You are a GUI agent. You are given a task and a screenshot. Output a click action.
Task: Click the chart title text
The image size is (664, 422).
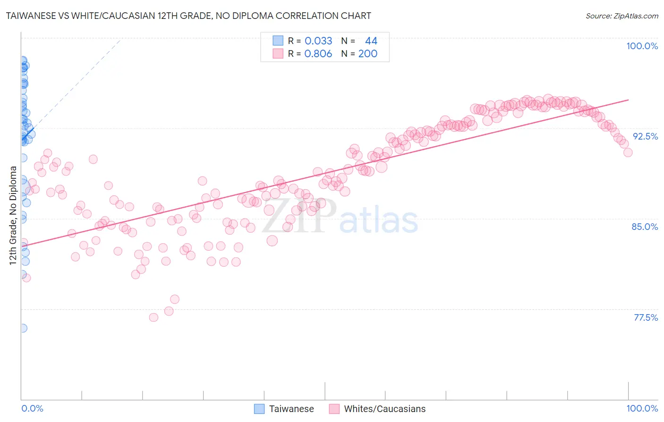(188, 16)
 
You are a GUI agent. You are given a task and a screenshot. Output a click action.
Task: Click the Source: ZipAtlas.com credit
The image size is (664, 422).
(621, 16)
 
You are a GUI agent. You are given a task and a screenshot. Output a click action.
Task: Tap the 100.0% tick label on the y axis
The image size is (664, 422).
(642, 46)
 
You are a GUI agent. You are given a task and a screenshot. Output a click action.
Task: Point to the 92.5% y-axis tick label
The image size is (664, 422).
(645, 136)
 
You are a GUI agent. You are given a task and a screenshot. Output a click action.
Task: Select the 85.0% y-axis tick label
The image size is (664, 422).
(645, 227)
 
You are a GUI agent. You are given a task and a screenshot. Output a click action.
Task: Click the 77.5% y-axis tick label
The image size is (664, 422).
(646, 317)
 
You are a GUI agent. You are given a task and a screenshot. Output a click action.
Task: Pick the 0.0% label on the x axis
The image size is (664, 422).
(32, 408)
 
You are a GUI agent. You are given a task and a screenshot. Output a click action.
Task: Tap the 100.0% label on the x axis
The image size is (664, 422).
(642, 408)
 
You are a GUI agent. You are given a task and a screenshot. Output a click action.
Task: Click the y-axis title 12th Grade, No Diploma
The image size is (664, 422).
(13, 215)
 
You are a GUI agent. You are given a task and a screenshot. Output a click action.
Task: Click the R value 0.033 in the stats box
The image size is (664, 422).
(318, 41)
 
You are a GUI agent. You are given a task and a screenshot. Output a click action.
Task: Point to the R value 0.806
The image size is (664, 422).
(318, 53)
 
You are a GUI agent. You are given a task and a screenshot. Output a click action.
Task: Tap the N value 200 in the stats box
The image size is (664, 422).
(367, 53)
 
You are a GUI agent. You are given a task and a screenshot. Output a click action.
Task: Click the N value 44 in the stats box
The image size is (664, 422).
(371, 41)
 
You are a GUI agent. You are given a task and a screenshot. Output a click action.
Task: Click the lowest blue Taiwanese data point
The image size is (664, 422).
(23, 328)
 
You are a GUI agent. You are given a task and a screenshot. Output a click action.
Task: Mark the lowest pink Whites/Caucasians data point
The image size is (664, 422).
(153, 317)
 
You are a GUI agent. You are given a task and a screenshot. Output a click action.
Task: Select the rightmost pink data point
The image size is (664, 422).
(628, 152)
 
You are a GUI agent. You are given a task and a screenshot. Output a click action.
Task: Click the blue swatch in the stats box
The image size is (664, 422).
(278, 41)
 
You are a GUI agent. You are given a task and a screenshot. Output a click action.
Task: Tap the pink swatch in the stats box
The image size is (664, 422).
(278, 53)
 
